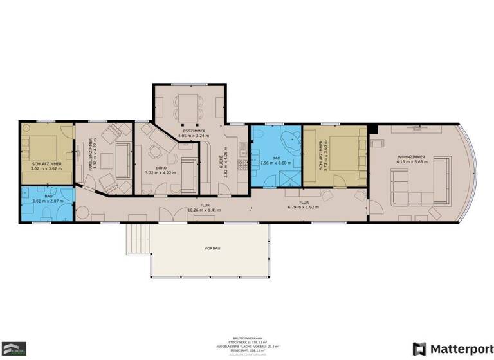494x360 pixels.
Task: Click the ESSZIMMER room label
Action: pyautogui.click(x=189, y=130)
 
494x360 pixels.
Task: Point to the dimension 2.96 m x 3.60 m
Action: pyautogui.click(x=277, y=163)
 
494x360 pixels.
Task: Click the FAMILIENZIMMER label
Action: pyautogui.click(x=91, y=152)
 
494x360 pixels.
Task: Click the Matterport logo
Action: pyautogui.click(x=446, y=348)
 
